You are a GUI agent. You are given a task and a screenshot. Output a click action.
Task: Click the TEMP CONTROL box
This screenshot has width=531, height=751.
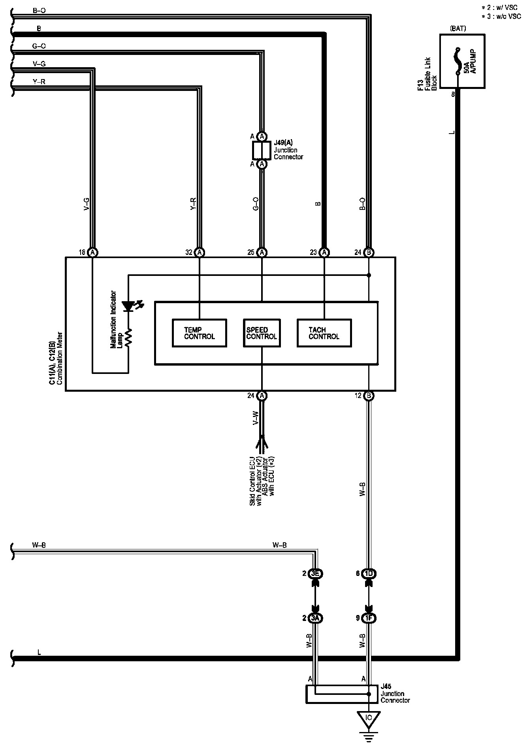[199, 333]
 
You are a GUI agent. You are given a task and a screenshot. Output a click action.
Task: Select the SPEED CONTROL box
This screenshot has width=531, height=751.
[261, 333]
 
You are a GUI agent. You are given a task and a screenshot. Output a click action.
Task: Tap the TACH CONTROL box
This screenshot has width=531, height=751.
[324, 333]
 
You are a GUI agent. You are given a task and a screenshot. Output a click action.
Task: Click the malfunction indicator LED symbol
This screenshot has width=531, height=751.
[128, 306]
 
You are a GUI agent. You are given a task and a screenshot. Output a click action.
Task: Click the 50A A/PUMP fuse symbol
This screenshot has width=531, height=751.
[458, 61]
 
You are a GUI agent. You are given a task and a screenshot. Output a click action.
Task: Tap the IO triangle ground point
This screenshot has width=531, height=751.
[368, 718]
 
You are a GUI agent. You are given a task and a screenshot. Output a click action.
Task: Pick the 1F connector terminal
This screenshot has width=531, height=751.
[369, 618]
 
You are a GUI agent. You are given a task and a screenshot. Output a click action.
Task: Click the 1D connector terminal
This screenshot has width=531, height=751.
[369, 574]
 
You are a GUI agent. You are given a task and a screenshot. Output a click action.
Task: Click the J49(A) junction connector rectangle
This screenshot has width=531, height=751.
[261, 150]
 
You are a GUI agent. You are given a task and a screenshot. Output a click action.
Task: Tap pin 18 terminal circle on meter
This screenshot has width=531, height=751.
[92, 252]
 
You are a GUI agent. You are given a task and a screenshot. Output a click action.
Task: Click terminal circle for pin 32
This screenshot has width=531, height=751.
[199, 252]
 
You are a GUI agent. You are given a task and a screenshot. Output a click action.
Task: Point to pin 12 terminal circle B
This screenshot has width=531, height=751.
[369, 396]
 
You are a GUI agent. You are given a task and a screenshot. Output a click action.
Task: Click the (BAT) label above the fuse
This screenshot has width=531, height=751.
[458, 28]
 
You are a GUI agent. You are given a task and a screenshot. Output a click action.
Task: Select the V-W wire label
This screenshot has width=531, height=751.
[255, 418]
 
